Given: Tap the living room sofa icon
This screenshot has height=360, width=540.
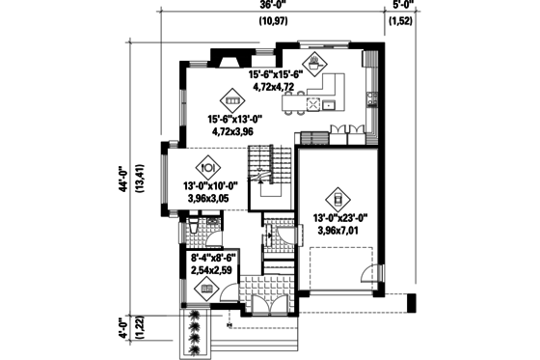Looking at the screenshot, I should (x=232, y=98).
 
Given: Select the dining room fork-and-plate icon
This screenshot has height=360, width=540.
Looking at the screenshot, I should (x=203, y=164).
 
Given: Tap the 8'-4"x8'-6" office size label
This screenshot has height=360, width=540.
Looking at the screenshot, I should (x=212, y=258).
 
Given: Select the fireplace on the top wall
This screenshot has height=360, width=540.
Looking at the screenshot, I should (x=228, y=61).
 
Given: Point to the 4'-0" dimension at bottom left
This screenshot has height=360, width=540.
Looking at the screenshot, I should (x=122, y=328).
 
